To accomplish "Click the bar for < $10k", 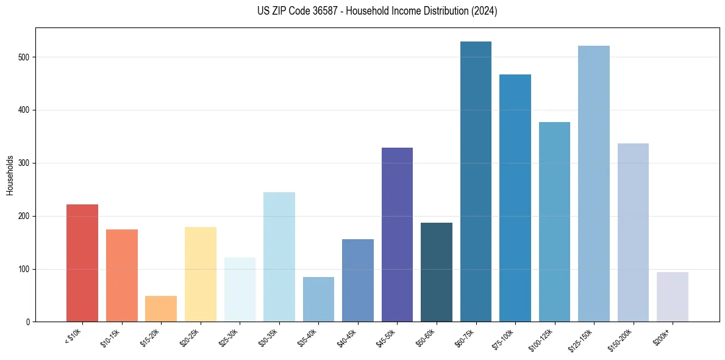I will (82, 263).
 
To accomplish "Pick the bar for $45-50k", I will (397, 235).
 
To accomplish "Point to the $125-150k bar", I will (594, 184).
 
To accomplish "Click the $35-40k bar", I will (318, 300).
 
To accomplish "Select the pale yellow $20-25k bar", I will (201, 275).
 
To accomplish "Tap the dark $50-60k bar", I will (437, 272).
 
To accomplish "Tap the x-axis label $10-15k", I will (112, 337).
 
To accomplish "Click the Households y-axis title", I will (10, 175).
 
